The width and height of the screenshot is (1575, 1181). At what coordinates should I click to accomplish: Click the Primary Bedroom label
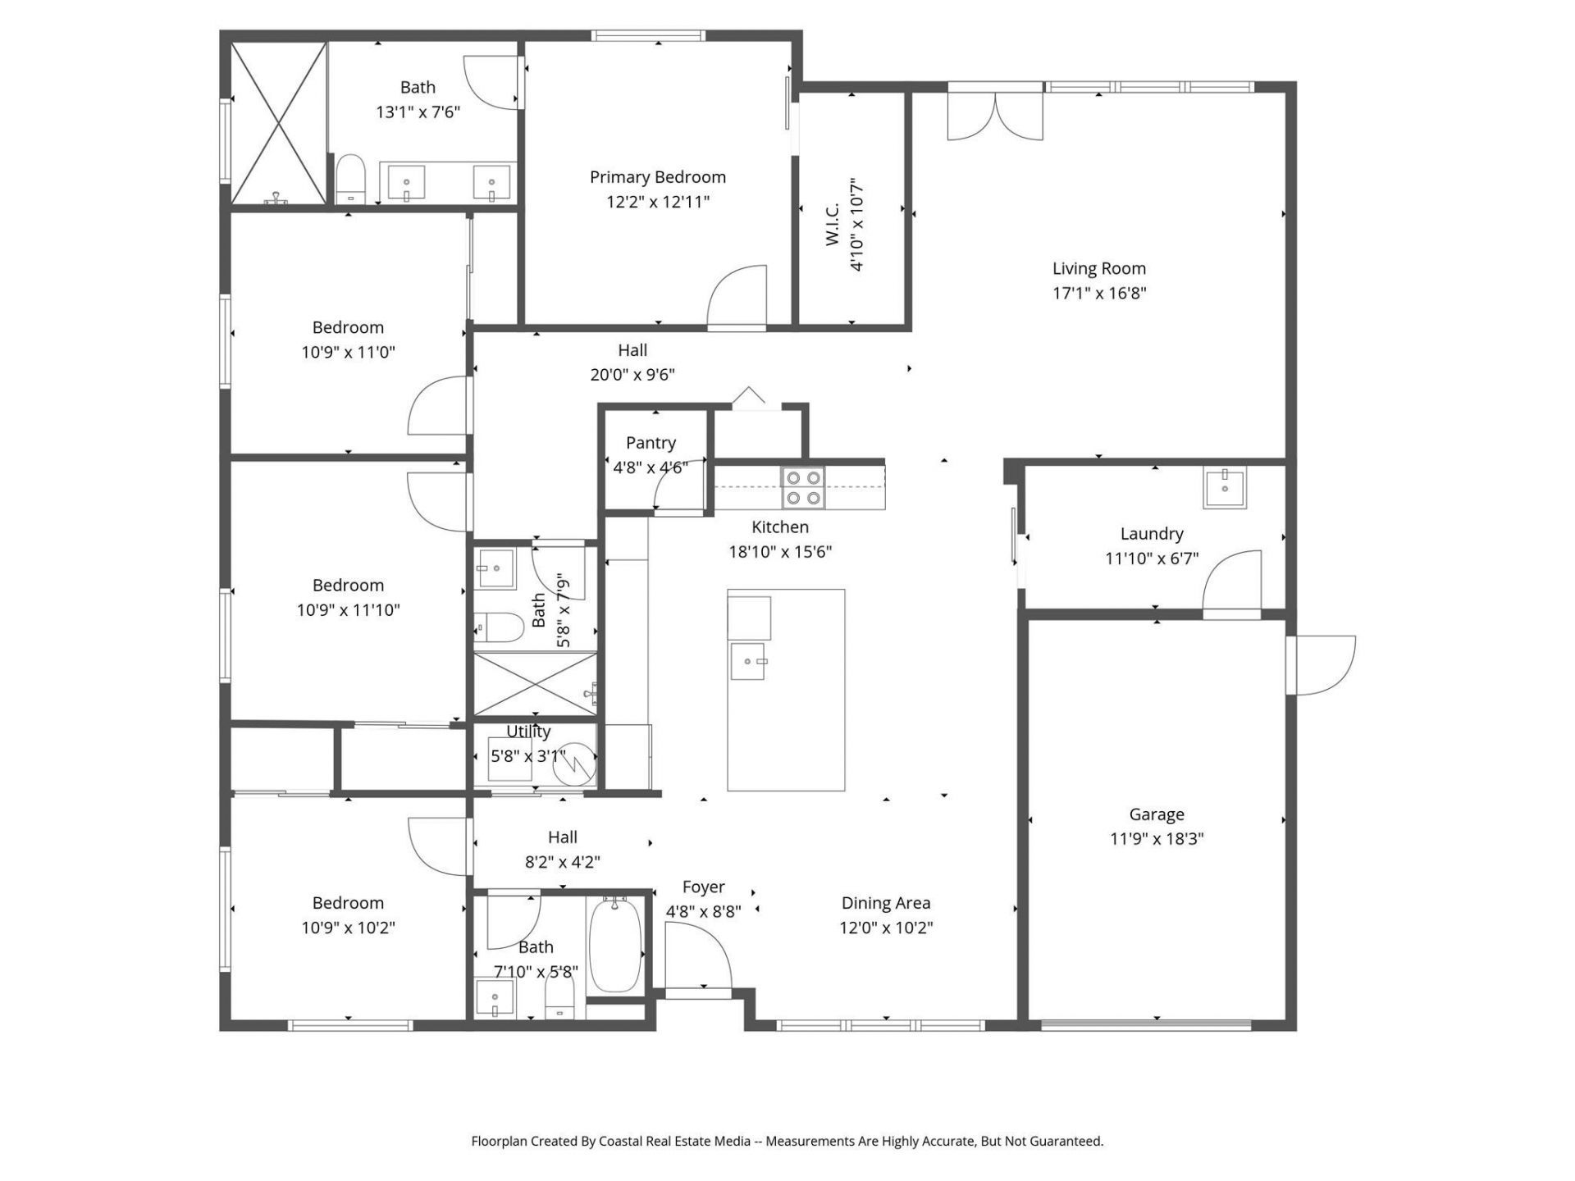[x=657, y=177]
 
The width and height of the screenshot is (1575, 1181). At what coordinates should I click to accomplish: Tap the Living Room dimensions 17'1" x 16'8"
[x=1098, y=293]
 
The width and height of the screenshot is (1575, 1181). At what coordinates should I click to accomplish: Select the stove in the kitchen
[x=802, y=487]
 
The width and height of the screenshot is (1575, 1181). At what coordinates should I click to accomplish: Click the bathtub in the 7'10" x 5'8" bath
[x=614, y=945]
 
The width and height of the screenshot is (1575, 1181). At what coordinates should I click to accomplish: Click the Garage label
[x=1156, y=814]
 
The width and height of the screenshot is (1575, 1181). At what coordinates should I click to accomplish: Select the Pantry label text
[x=651, y=443]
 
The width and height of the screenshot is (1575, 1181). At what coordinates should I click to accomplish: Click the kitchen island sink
[x=747, y=662]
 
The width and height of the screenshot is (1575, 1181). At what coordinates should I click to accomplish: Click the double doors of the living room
[x=995, y=117]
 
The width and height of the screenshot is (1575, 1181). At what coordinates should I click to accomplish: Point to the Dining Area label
[x=885, y=903]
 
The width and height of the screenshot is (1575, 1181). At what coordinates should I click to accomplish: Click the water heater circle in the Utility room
[x=573, y=765]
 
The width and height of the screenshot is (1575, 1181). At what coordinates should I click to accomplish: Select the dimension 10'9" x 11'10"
[x=348, y=610]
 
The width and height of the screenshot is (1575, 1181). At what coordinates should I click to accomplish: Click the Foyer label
[x=703, y=887]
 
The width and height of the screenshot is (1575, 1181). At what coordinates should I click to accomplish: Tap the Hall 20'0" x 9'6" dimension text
[x=632, y=375]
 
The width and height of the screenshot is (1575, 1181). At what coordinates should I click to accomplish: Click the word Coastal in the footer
[x=622, y=1141]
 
